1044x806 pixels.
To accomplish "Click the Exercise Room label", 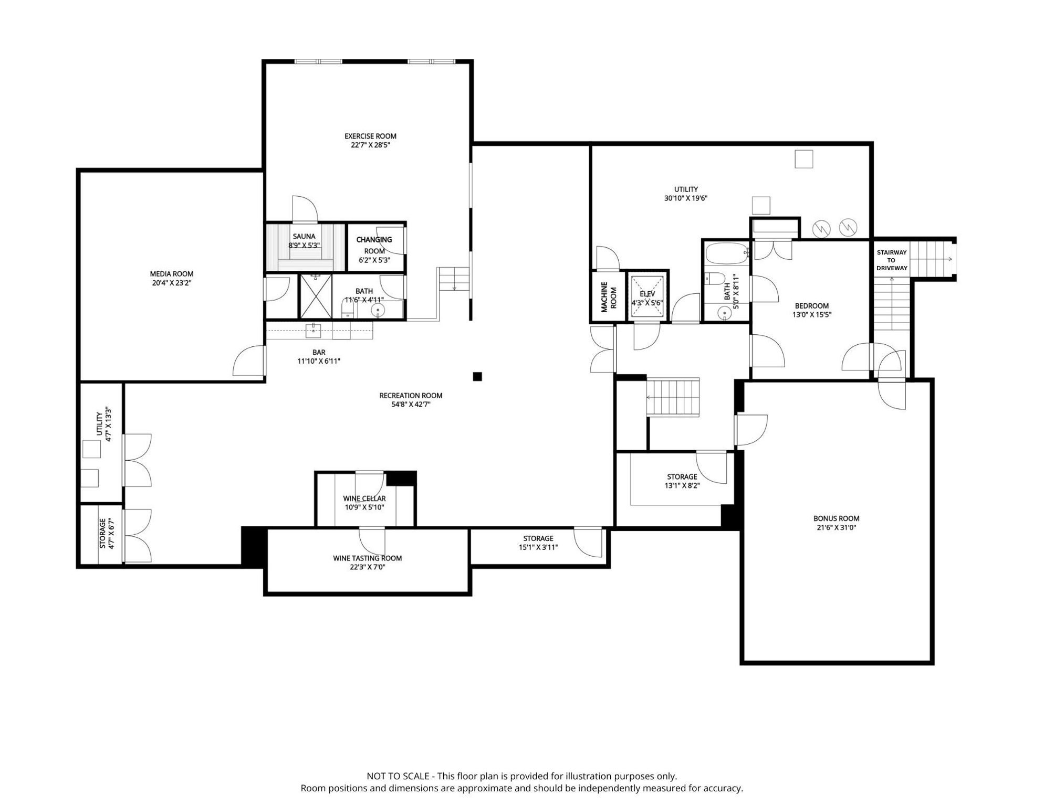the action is click(370, 136).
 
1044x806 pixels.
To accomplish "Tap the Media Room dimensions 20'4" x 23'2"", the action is click(172, 283).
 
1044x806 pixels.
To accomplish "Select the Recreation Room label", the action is click(411, 396).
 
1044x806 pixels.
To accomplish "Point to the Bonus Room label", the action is click(837, 518).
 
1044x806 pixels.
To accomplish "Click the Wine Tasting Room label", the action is click(367, 558).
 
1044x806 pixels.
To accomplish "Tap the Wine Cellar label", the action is click(364, 499).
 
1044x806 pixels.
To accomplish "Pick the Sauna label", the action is click(304, 236).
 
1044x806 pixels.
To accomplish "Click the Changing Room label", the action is click(374, 245).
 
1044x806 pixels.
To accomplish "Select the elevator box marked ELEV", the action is click(648, 297).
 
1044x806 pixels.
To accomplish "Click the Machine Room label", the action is click(609, 297).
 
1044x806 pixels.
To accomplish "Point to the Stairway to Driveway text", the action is click(892, 260).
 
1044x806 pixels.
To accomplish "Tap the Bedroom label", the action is click(812, 306).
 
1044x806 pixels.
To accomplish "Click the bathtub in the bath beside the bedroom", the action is click(727, 253).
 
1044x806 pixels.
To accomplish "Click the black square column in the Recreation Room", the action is click(477, 376).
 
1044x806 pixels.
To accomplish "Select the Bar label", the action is click(319, 352).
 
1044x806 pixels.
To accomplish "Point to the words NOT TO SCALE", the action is click(398, 776).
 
